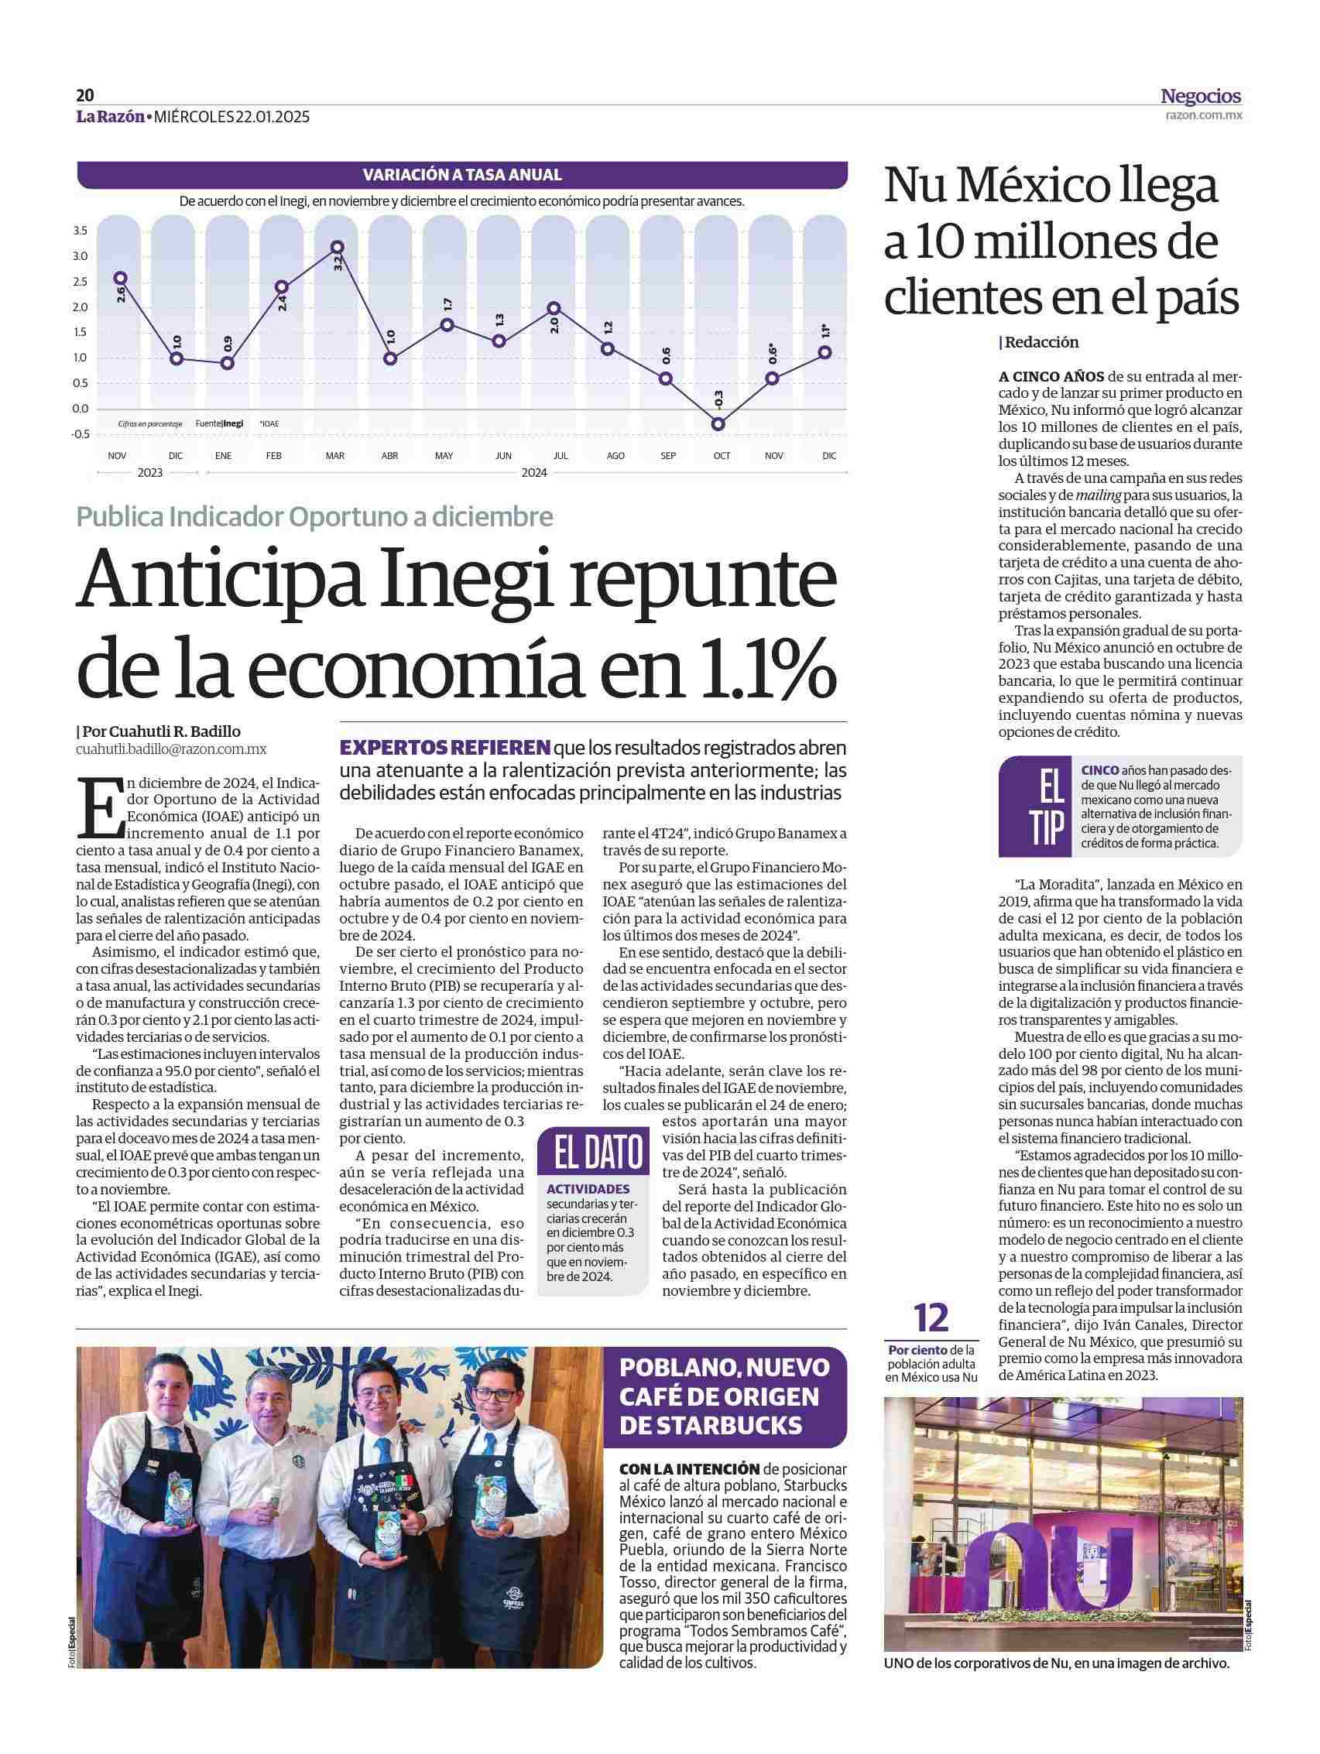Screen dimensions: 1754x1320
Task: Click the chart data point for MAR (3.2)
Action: click(x=337, y=248)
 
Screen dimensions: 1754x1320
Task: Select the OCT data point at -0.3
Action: click(x=718, y=424)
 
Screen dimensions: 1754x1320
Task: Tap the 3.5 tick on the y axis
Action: click(x=79, y=231)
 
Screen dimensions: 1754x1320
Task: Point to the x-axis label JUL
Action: click(x=559, y=456)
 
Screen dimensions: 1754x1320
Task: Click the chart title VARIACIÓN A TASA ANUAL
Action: click(x=461, y=175)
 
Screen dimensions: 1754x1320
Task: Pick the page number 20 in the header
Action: click(x=85, y=96)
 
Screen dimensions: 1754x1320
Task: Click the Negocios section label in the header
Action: click(x=1200, y=97)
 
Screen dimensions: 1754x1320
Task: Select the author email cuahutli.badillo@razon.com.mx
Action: click(x=171, y=749)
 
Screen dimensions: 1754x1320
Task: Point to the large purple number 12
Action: click(x=931, y=1318)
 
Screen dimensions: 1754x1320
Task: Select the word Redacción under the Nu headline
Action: click(x=1042, y=343)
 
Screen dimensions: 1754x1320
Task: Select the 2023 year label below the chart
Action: click(x=149, y=473)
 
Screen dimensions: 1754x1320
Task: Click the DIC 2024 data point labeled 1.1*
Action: click(x=825, y=352)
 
